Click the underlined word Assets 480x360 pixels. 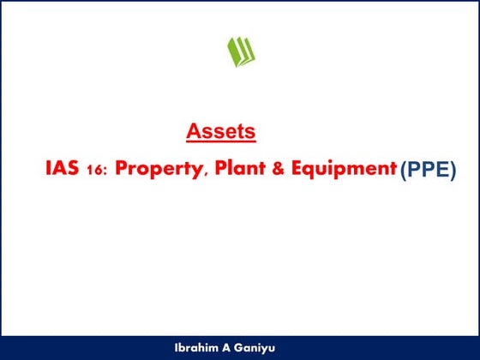pyautogui.click(x=220, y=132)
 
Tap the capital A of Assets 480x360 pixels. pyautogui.click(x=193, y=132)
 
